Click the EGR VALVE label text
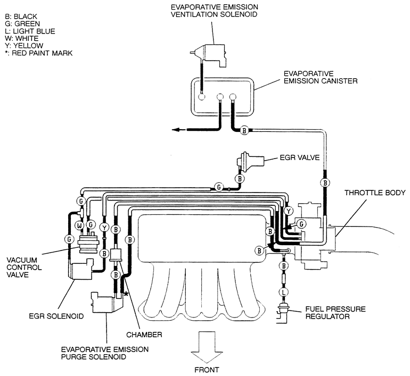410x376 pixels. pyautogui.click(x=300, y=158)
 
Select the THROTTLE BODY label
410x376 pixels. pyautogui.click(x=375, y=193)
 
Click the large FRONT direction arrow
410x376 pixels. pyautogui.click(x=207, y=347)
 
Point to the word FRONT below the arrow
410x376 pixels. pyautogui.click(x=207, y=370)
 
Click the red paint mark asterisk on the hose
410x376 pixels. pyautogui.click(x=126, y=294)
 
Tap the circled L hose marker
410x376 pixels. pyautogui.click(x=284, y=292)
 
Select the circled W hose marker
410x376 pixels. pyautogui.click(x=79, y=225)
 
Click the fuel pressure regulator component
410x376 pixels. pyautogui.click(x=283, y=312)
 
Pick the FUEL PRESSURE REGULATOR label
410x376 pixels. pyautogui.click(x=335, y=313)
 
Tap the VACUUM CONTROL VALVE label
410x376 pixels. pyautogui.click(x=24, y=268)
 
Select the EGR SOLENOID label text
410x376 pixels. pyautogui.click(x=56, y=316)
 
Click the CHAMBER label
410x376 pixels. pyautogui.click(x=144, y=335)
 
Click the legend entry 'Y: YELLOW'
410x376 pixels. pyautogui.click(x=24, y=46)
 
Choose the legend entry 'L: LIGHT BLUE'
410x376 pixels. pyautogui.click(x=30, y=31)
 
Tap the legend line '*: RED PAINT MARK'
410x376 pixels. pyautogui.click(x=38, y=53)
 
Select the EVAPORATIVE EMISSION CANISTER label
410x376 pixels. pyautogui.click(x=321, y=77)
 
